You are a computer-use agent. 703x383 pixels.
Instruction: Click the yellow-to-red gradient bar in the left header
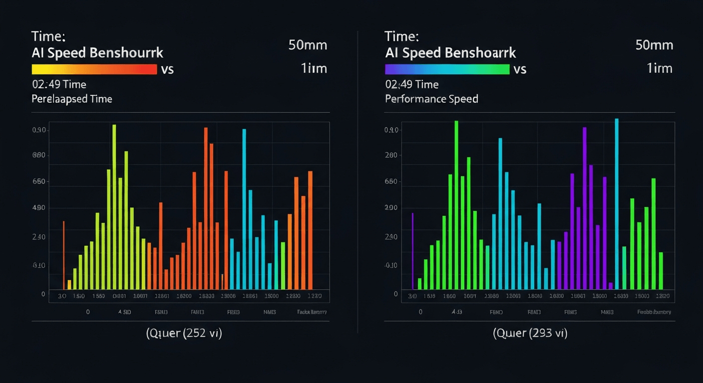(94, 69)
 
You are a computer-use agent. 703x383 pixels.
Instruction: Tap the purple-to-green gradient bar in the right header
(447, 69)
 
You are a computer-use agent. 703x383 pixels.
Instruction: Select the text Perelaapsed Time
(72, 99)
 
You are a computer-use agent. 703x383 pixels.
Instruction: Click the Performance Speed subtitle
(431, 99)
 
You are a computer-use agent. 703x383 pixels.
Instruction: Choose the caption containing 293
(530, 333)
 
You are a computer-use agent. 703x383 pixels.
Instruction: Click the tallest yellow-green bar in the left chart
(114, 206)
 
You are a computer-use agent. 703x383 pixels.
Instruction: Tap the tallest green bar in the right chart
(456, 204)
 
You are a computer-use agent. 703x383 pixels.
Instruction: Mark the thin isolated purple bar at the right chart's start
(412, 250)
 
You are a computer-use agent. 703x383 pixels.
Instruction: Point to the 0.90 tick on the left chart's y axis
(39, 130)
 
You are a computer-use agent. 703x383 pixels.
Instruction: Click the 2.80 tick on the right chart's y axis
(391, 155)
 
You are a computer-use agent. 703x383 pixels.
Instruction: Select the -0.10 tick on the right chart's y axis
(391, 265)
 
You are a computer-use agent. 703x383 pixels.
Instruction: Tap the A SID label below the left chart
(124, 312)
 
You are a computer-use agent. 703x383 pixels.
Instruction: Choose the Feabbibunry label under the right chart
(654, 312)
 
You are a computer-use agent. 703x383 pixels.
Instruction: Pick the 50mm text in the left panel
(308, 45)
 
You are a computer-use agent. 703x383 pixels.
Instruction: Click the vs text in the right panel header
(520, 69)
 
